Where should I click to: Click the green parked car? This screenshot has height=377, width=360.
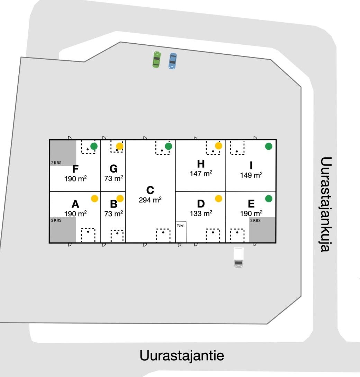pyautogui.click(x=156, y=60)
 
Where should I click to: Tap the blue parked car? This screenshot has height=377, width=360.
pyautogui.click(x=173, y=61)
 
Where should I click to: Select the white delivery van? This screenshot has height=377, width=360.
pyautogui.click(x=238, y=257)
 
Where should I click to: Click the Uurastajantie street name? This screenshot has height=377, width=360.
pyautogui.click(x=182, y=356)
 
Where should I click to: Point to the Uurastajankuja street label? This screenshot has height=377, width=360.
pyautogui.click(x=326, y=204)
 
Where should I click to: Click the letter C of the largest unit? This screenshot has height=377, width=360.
pyautogui.click(x=150, y=190)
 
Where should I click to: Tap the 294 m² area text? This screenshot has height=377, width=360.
pyautogui.click(x=150, y=200)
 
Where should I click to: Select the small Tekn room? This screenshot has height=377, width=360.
pyautogui.click(x=181, y=232)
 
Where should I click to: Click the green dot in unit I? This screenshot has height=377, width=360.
pyautogui.click(x=269, y=146)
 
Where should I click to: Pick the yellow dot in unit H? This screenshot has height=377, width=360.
pyautogui.click(x=218, y=146)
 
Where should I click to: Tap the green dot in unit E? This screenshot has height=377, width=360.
pyautogui.click(x=269, y=199)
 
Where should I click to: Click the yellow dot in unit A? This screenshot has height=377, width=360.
pyautogui.click(x=94, y=199)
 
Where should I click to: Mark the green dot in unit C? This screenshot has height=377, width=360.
pyautogui.click(x=168, y=146)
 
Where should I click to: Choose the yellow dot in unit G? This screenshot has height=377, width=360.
pyautogui.click(x=119, y=146)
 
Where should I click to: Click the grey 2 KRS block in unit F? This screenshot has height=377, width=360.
pyautogui.click(x=63, y=152)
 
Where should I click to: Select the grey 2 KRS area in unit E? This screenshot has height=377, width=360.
pyautogui.click(x=262, y=230)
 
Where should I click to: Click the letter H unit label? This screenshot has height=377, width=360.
pyautogui.click(x=201, y=164)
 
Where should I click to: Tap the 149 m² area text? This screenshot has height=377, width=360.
pyautogui.click(x=251, y=175)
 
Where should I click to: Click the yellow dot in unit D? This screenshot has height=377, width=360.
pyautogui.click(x=218, y=199)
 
